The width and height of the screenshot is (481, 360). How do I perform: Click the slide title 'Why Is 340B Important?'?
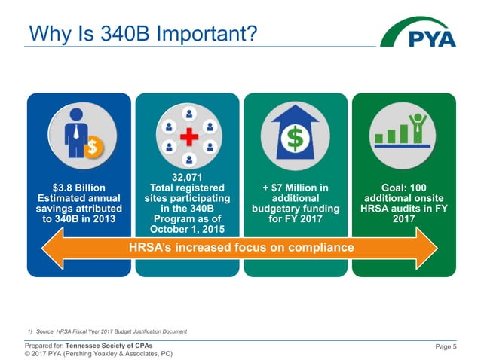[139, 34]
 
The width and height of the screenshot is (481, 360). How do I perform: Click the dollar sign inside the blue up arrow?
[294, 139]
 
